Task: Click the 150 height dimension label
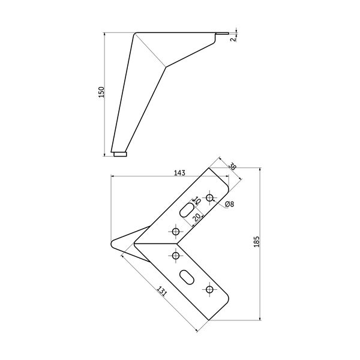click(101, 92)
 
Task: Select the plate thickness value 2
click(233, 39)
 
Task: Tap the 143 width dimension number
click(179, 173)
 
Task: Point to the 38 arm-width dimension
click(232, 166)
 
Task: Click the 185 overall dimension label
click(256, 242)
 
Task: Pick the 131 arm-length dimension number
click(161, 291)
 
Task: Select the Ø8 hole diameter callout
click(229, 204)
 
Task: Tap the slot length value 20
click(196, 217)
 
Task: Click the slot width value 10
click(197, 200)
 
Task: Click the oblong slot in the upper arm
click(187, 209)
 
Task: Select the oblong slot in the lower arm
click(187, 277)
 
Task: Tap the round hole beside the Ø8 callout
click(209, 197)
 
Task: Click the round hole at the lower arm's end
click(209, 289)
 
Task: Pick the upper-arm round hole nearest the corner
click(176, 232)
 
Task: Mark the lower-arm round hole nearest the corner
click(176, 256)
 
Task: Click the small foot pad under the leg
click(120, 154)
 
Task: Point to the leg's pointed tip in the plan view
click(112, 243)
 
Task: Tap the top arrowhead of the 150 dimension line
click(104, 34)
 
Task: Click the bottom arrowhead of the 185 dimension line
click(260, 318)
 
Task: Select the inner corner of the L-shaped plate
click(178, 244)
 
